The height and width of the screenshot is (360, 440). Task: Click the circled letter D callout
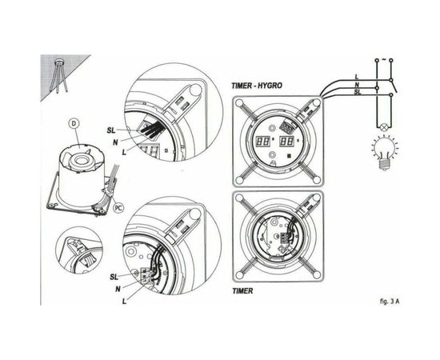pos(74,123)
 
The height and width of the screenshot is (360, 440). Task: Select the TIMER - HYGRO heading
pos(262,86)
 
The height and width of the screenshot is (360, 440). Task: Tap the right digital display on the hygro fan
pos(287,141)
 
